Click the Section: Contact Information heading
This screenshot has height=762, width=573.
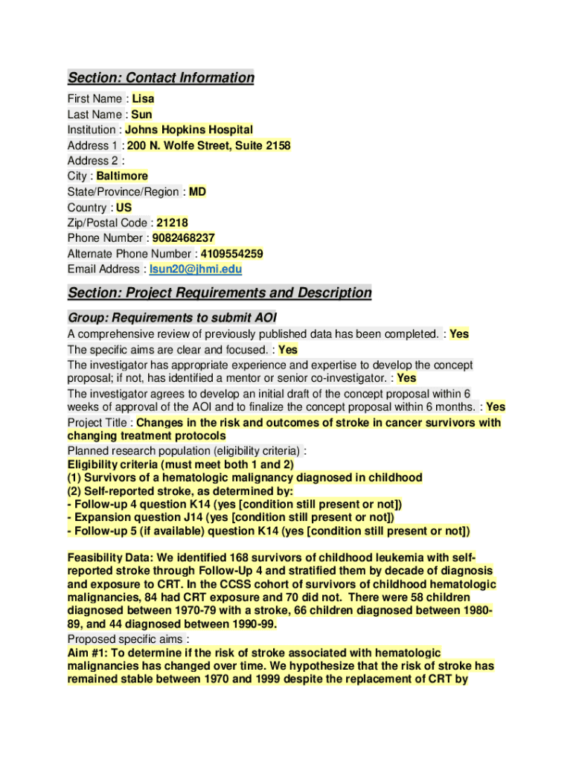click(161, 77)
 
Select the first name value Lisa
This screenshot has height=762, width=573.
click(144, 98)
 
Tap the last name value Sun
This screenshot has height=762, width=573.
click(141, 114)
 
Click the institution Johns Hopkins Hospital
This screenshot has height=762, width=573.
click(189, 129)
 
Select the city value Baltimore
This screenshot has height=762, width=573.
click(122, 176)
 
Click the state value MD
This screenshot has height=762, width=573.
click(197, 191)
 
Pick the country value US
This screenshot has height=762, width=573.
click(124, 207)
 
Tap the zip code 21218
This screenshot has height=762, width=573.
click(172, 222)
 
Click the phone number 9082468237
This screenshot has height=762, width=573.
click(184, 237)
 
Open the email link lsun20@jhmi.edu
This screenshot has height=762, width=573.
click(196, 269)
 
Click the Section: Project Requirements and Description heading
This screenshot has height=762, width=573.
click(220, 292)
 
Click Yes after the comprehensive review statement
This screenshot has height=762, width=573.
click(459, 334)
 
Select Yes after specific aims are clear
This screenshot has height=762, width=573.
click(288, 349)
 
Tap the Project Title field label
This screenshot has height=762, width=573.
click(97, 423)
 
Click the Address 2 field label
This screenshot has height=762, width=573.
click(92, 160)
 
